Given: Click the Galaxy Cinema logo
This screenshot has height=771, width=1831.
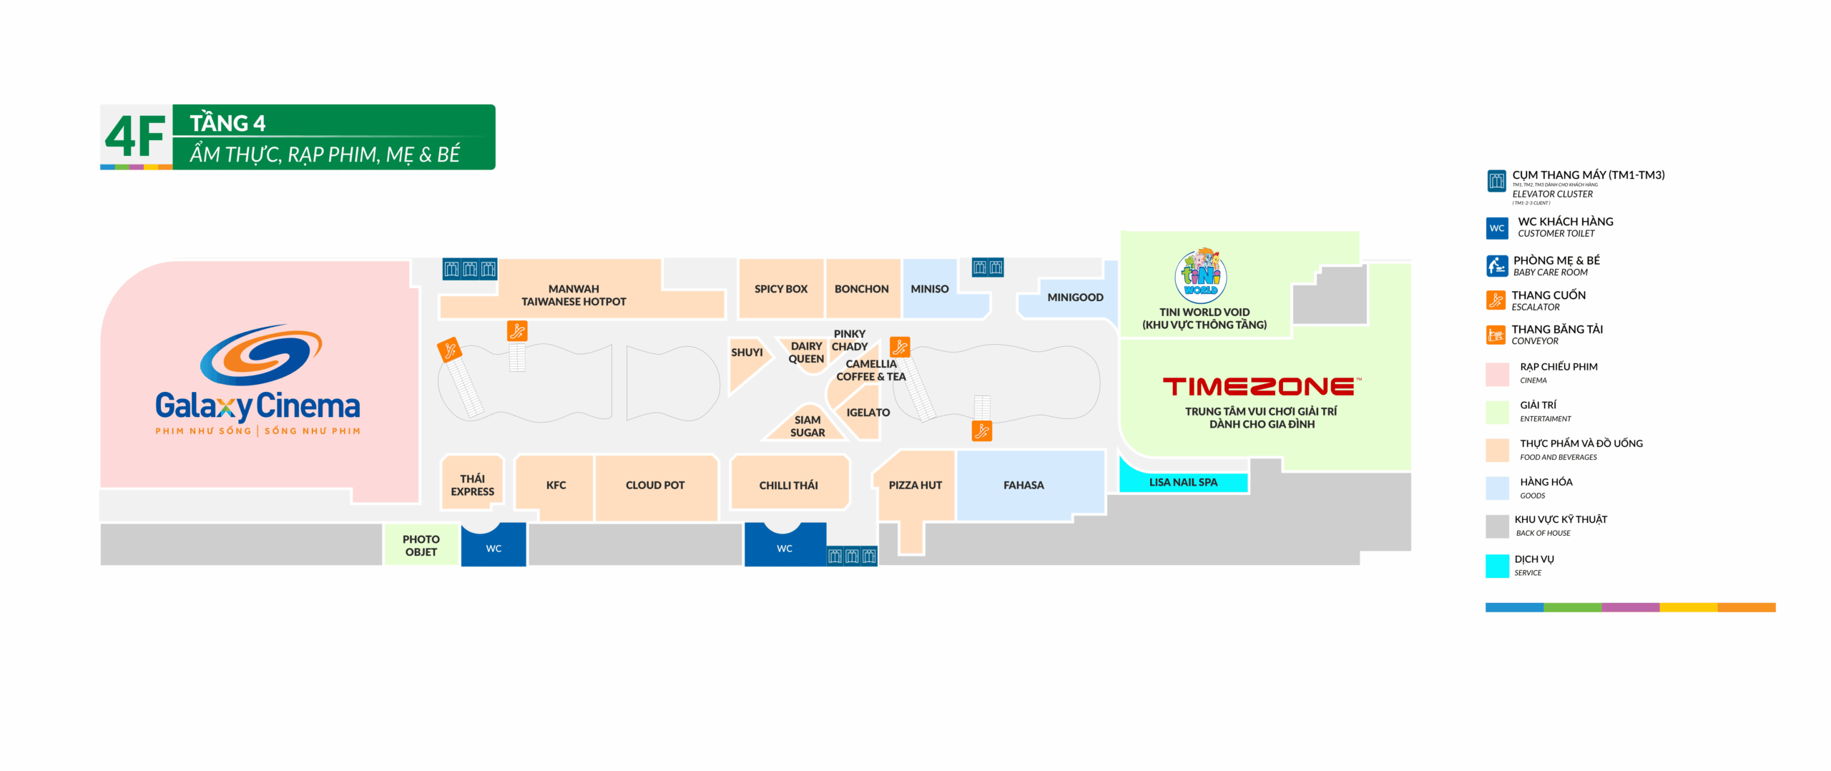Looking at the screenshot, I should (x=257, y=379).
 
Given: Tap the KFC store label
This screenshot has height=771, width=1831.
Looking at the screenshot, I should (x=556, y=485).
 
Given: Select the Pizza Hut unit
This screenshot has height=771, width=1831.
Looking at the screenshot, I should (x=915, y=485).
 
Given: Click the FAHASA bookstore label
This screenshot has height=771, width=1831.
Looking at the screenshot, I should (x=1024, y=485).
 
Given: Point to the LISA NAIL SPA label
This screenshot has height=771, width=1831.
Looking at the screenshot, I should (x=1183, y=482).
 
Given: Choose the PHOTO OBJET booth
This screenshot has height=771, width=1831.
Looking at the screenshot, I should (x=421, y=545).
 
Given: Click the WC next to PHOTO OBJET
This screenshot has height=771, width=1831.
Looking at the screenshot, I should (x=494, y=548).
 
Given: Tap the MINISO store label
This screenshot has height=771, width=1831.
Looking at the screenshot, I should (x=929, y=289).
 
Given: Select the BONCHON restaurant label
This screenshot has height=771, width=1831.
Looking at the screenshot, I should (x=861, y=289).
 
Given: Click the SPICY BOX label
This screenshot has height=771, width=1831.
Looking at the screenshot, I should (x=780, y=289).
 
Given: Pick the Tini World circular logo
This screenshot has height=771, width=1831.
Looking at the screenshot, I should (x=1201, y=275).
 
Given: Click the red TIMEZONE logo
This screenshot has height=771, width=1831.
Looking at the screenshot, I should (x=1262, y=387).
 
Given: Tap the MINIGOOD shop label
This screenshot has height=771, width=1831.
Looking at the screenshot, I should (x=1075, y=297).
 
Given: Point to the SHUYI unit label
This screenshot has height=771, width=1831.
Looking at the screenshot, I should (x=747, y=353).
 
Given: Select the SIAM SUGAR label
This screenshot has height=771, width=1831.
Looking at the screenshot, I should (x=807, y=426).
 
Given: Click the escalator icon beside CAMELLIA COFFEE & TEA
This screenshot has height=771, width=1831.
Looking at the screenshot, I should (x=900, y=347).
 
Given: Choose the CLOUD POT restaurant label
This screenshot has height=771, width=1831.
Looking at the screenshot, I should (x=654, y=485).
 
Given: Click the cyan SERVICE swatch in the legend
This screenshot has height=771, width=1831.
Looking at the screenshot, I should (x=1497, y=566).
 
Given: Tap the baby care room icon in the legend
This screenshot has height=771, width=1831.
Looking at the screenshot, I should (x=1496, y=265).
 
